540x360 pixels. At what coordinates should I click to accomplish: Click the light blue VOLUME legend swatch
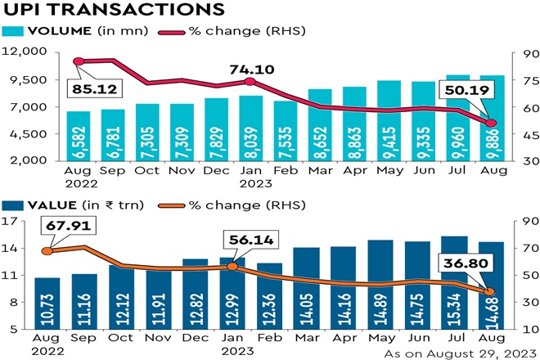16,32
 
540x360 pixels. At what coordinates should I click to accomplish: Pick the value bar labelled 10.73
47,304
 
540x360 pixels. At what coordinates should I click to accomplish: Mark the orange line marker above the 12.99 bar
232,267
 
